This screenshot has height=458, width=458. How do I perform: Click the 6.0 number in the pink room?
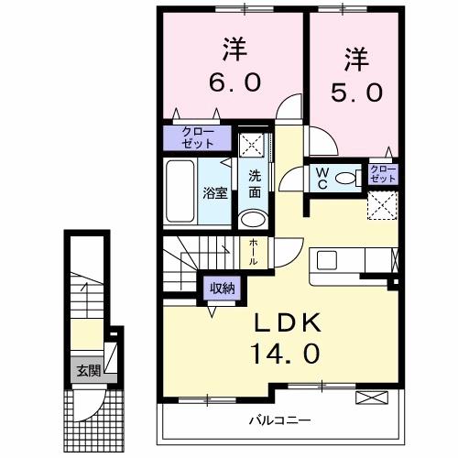pyautogui.click(x=235, y=82)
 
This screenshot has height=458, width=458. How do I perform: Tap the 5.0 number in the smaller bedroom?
pyautogui.click(x=356, y=91)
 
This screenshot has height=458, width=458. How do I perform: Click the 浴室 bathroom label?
pyautogui.click(x=215, y=192)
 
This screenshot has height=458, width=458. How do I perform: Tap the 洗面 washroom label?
pyautogui.click(x=254, y=185)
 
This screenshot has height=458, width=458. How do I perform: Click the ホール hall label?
pyautogui.click(x=253, y=251)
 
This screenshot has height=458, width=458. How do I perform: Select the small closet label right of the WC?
pyautogui.click(x=382, y=174)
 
